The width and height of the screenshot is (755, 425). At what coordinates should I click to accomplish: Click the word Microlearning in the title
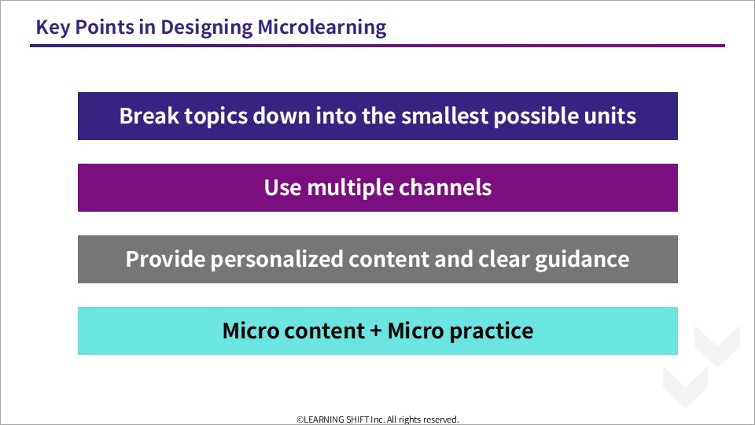point(322,27)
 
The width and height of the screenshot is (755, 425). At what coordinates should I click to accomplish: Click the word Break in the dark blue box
point(149,116)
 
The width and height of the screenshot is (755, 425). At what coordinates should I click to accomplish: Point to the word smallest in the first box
point(444,116)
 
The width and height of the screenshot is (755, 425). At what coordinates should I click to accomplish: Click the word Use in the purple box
point(282,187)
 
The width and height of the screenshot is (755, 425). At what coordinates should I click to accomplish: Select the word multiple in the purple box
point(350,188)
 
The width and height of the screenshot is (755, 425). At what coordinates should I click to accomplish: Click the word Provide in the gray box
point(165,259)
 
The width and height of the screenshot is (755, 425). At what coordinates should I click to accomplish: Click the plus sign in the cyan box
point(376,331)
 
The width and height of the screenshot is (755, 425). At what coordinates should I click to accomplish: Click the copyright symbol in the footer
point(300,419)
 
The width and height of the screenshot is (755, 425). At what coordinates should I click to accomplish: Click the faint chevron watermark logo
point(702,366)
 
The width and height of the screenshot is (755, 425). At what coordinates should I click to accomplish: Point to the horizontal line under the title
point(377,46)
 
